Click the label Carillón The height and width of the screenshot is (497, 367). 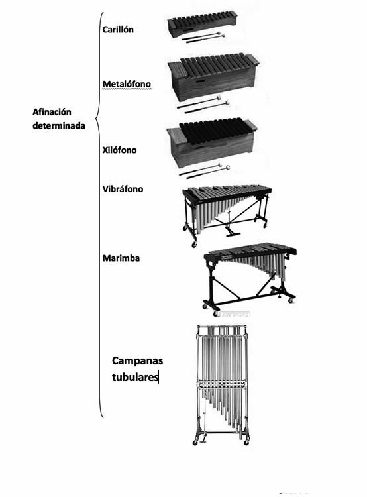[117, 29]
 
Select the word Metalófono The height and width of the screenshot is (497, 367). [127, 84]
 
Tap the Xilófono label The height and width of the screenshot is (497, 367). [119, 150]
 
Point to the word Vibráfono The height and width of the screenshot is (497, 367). [123, 189]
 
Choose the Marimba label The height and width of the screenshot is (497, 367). [121, 258]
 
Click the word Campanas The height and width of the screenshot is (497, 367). [137, 361]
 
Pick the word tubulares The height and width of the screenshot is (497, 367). [135, 377]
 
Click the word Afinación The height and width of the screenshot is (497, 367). [52, 112]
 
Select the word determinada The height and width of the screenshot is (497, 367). [59, 125]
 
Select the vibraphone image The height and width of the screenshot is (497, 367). [227, 215]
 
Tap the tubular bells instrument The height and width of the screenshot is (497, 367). [221, 384]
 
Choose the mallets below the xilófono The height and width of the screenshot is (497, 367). [204, 170]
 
